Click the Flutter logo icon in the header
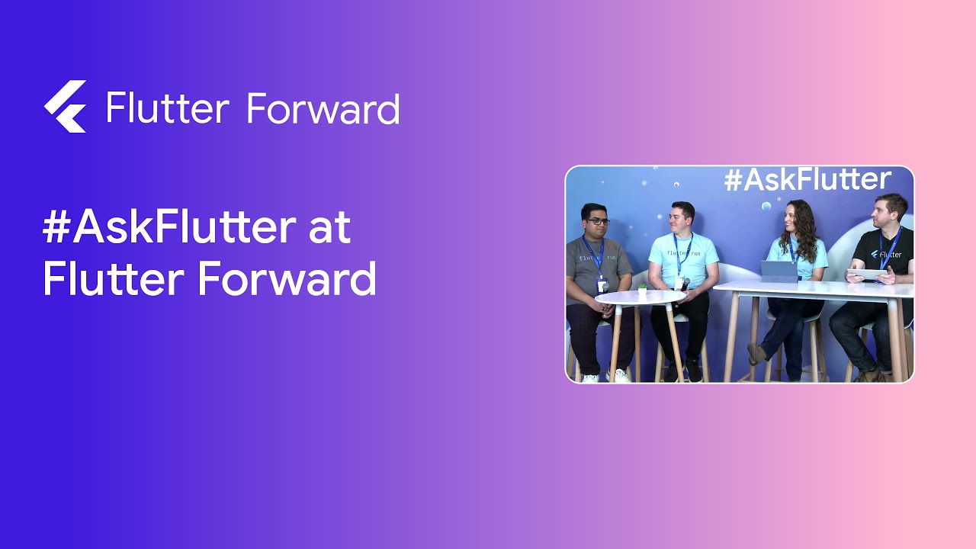coord(66,107)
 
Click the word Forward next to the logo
coord(323,108)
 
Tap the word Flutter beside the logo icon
coord(167,108)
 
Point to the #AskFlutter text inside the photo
coord(807,180)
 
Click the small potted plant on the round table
coord(642,290)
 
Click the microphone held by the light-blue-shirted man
coord(684,284)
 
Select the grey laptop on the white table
coord(779,271)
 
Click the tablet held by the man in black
coord(867,274)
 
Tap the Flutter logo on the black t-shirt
coord(875,254)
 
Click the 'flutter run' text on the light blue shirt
coord(682,252)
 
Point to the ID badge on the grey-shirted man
coord(602,285)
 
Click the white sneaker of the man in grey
coord(619,375)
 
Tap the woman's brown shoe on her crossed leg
coord(755,352)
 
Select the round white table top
coord(640,297)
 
